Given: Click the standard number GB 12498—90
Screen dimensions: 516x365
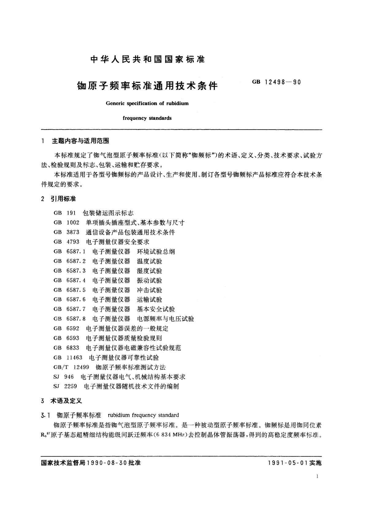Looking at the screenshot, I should pyautogui.click(x=276, y=82).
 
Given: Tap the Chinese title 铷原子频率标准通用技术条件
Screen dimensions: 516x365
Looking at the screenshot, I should pyautogui.click(x=147, y=86).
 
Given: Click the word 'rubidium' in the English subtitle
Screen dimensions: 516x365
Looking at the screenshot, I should pyautogui.click(x=177, y=103).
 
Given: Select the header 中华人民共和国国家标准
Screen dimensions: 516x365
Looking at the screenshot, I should pyautogui.click(x=147, y=59).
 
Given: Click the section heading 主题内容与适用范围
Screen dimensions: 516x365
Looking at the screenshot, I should pyautogui.click(x=80, y=141).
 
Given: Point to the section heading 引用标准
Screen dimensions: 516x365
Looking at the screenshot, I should pyautogui.click(x=63, y=199).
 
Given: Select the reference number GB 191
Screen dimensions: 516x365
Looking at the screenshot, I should pyautogui.click(x=64, y=213).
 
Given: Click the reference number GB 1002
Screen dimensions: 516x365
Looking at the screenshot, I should pyautogui.click(x=66, y=223).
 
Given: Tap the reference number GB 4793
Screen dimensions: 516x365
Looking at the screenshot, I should pyautogui.click(x=66, y=242).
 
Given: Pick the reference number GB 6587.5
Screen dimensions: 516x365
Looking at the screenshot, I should pyautogui.click(x=70, y=290).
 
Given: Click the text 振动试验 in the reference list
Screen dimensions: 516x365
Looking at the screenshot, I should pyautogui.click(x=150, y=280).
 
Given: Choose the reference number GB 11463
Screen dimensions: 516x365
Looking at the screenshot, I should pyautogui.click(x=68, y=358).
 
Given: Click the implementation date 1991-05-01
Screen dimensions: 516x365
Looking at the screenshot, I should pyautogui.click(x=287, y=463).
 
